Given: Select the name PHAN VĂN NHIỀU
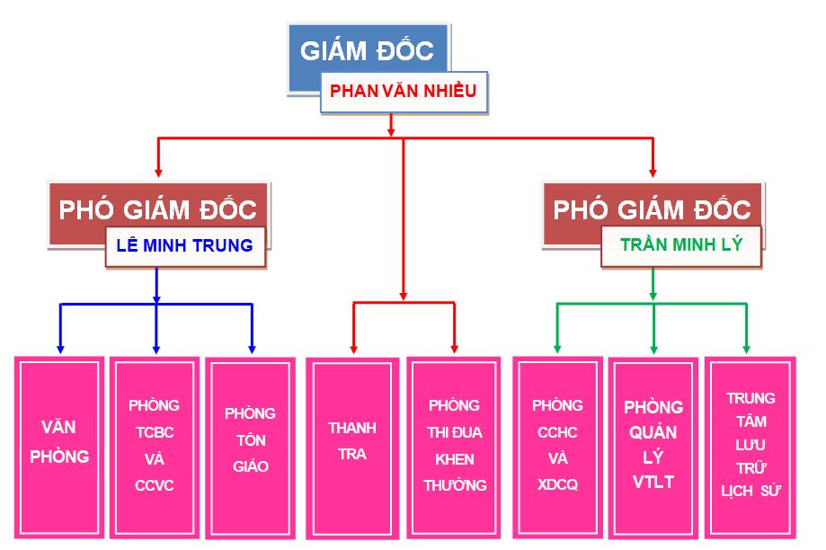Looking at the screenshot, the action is pyautogui.click(x=403, y=91).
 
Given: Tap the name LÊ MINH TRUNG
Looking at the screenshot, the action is pyautogui.click(x=184, y=245).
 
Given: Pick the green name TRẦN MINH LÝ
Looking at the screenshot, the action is pyautogui.click(x=681, y=244).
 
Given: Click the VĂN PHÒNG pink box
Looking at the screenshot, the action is pyautogui.click(x=59, y=448).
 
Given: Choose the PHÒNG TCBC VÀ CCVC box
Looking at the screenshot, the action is pyautogui.click(x=155, y=448).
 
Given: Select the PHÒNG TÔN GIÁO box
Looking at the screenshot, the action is pyautogui.click(x=250, y=448).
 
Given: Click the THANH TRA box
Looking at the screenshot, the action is pyautogui.click(x=352, y=448).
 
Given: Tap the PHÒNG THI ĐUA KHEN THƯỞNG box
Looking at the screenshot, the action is pyautogui.click(x=454, y=448).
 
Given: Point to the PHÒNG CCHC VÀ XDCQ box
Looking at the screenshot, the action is pyautogui.click(x=557, y=448).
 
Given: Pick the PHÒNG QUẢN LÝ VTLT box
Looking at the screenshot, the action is pyautogui.click(x=653, y=448).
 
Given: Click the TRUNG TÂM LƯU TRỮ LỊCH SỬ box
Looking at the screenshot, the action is pyautogui.click(x=751, y=448).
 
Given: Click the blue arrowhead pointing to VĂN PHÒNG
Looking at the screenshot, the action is pyautogui.click(x=60, y=350).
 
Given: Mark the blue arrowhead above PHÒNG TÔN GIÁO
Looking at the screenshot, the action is pyautogui.click(x=252, y=350).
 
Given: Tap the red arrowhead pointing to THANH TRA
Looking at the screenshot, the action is pyautogui.click(x=353, y=350).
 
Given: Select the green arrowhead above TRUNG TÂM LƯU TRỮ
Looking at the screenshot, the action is pyautogui.click(x=746, y=350).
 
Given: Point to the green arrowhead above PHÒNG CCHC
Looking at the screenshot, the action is pyautogui.click(x=557, y=350).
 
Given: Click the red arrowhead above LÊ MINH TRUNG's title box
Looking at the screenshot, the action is pyautogui.click(x=158, y=173).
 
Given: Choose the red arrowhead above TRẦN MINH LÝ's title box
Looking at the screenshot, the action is pyautogui.click(x=653, y=173).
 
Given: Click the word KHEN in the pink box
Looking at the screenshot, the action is pyautogui.click(x=454, y=459).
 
